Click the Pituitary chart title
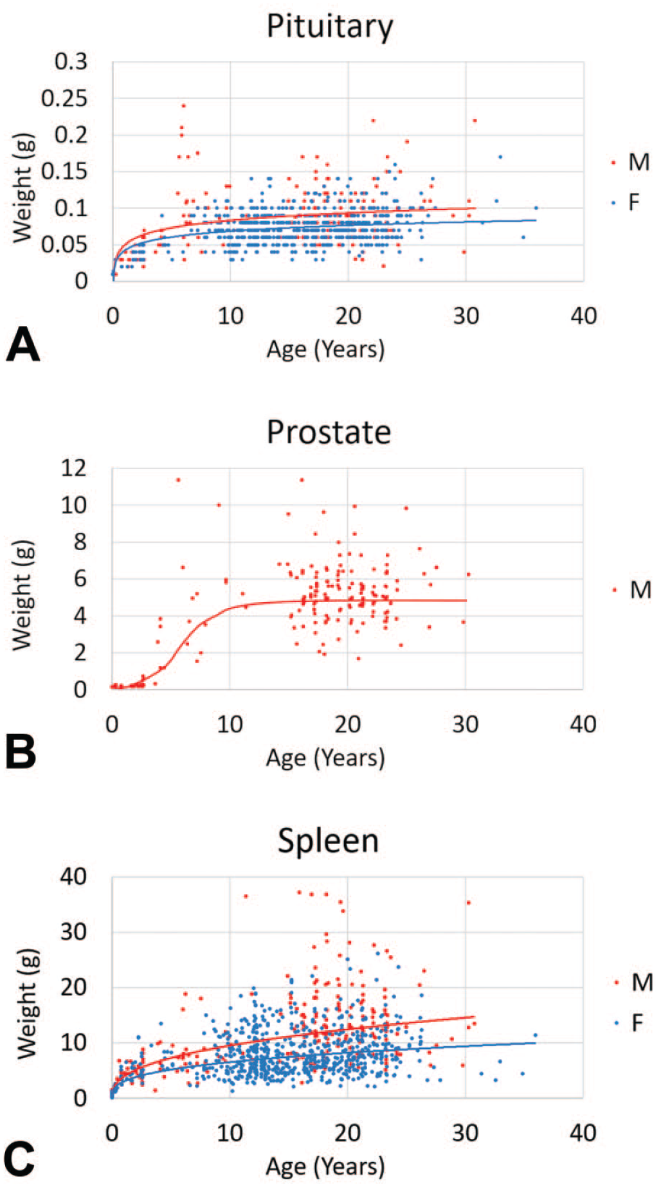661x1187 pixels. [x=330, y=28]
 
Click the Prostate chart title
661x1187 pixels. [x=329, y=432]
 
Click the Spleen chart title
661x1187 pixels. [x=329, y=841]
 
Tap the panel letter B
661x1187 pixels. [x=21, y=752]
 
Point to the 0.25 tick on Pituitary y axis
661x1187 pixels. [x=64, y=98]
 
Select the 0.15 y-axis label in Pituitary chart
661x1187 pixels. [x=64, y=172]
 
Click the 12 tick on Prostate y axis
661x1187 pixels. [x=73, y=469]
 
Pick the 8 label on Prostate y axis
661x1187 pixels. [x=80, y=542]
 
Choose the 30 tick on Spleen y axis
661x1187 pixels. [x=73, y=932]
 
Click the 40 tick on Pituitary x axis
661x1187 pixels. [x=583, y=316]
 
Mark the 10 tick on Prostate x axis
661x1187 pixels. [x=230, y=725]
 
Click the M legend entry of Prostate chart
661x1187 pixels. [x=631, y=590]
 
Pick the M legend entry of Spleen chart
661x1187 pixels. [x=633, y=982]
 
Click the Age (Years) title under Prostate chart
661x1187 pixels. [x=325, y=758]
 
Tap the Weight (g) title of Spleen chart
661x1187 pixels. [x=27, y=1003]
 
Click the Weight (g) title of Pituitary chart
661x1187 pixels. [x=24, y=188]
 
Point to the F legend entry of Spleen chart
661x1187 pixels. [x=629, y=1023]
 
